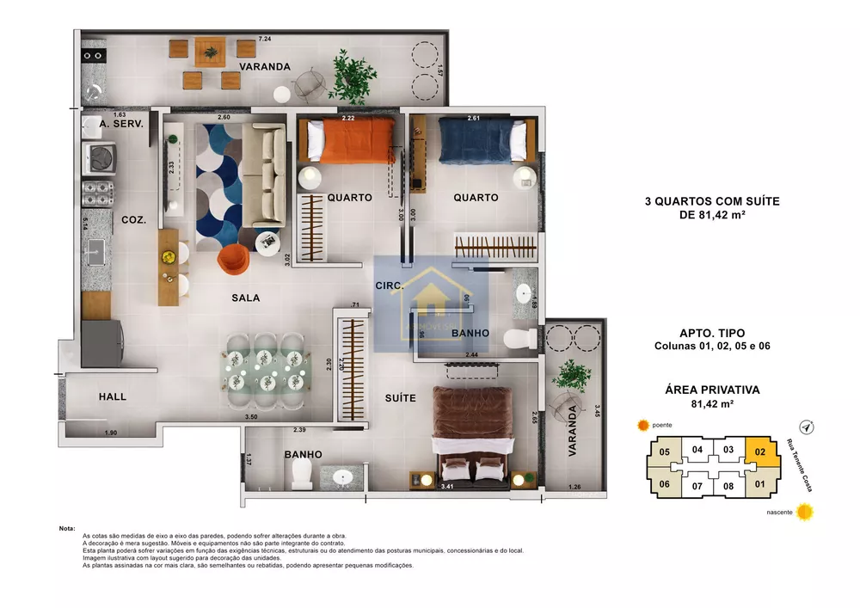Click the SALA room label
[x=245, y=298]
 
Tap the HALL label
[x=112, y=396]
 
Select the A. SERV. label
[x=121, y=125]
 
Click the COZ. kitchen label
[x=133, y=219]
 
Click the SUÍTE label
[x=400, y=398]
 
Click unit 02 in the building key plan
[x=759, y=451]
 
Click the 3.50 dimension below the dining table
[x=251, y=417]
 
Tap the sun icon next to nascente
[x=805, y=513]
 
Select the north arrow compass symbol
[x=807, y=426]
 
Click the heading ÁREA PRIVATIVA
[x=711, y=390]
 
